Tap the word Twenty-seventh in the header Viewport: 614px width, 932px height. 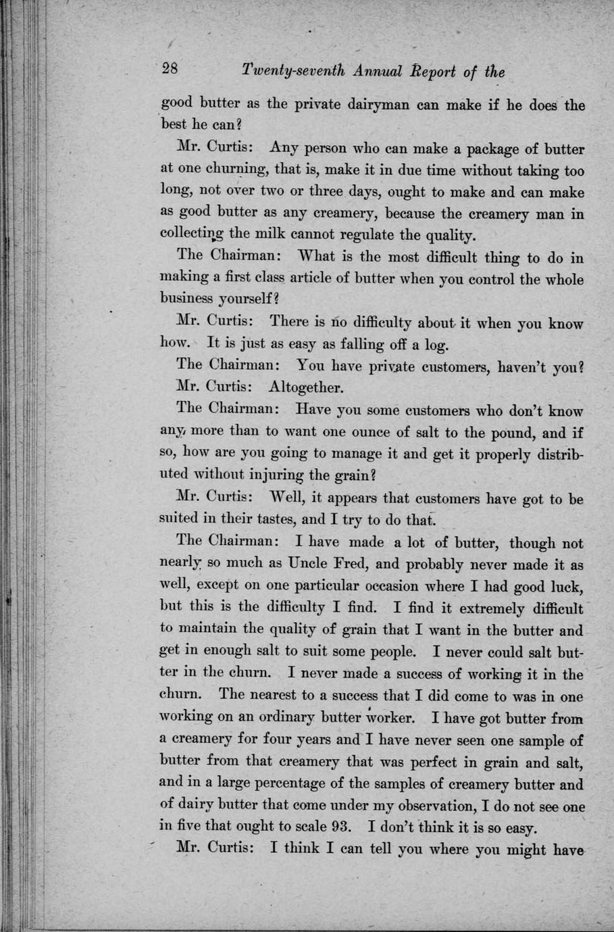pyautogui.click(x=294, y=71)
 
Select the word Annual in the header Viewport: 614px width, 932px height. pyautogui.click(x=378, y=71)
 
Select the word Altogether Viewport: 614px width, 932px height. pyautogui.click(x=306, y=388)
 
